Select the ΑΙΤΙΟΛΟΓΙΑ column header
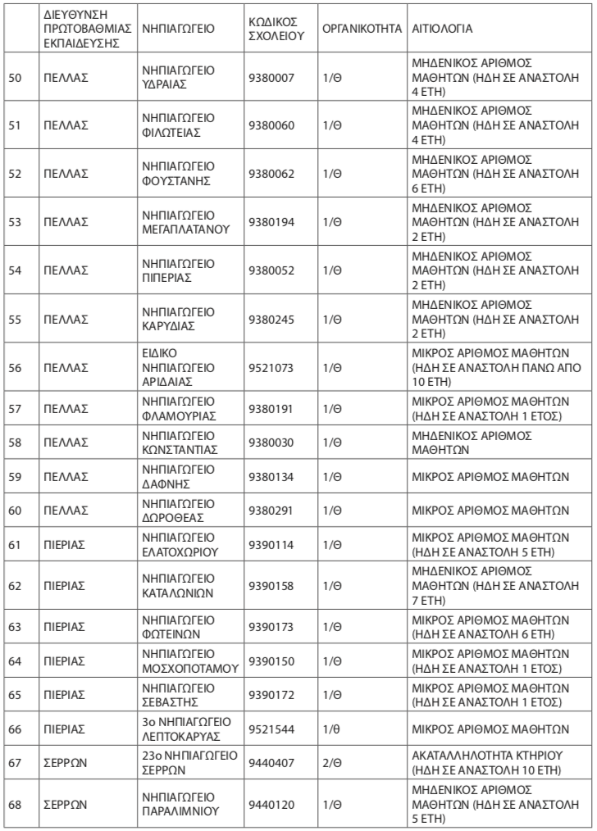(x=443, y=28)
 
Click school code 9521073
(x=271, y=361)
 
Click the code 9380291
(x=271, y=506)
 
